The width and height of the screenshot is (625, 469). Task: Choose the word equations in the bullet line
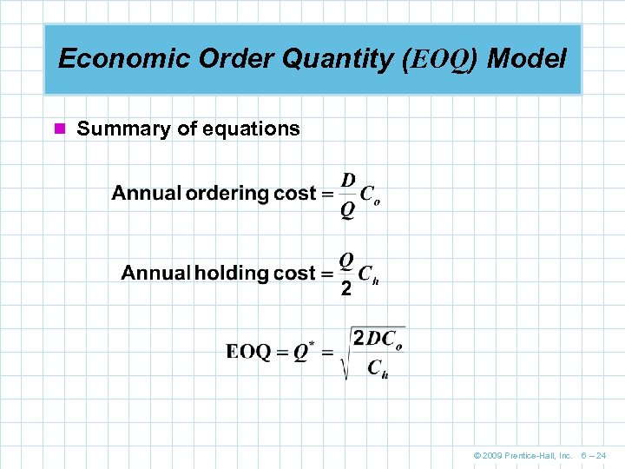point(251,129)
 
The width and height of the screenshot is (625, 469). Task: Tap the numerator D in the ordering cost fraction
point(347,180)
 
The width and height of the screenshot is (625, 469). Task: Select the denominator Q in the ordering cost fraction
point(347,210)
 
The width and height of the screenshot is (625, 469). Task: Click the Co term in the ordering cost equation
point(371,195)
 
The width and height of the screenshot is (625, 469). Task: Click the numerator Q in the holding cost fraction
point(346,259)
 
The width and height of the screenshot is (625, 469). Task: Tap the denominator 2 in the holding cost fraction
point(346,290)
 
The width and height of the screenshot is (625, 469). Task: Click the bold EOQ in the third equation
point(248,352)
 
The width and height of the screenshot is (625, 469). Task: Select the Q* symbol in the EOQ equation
point(303,352)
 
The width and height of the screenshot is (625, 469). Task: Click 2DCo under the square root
point(377,338)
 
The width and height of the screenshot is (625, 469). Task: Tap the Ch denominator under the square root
point(378,369)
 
